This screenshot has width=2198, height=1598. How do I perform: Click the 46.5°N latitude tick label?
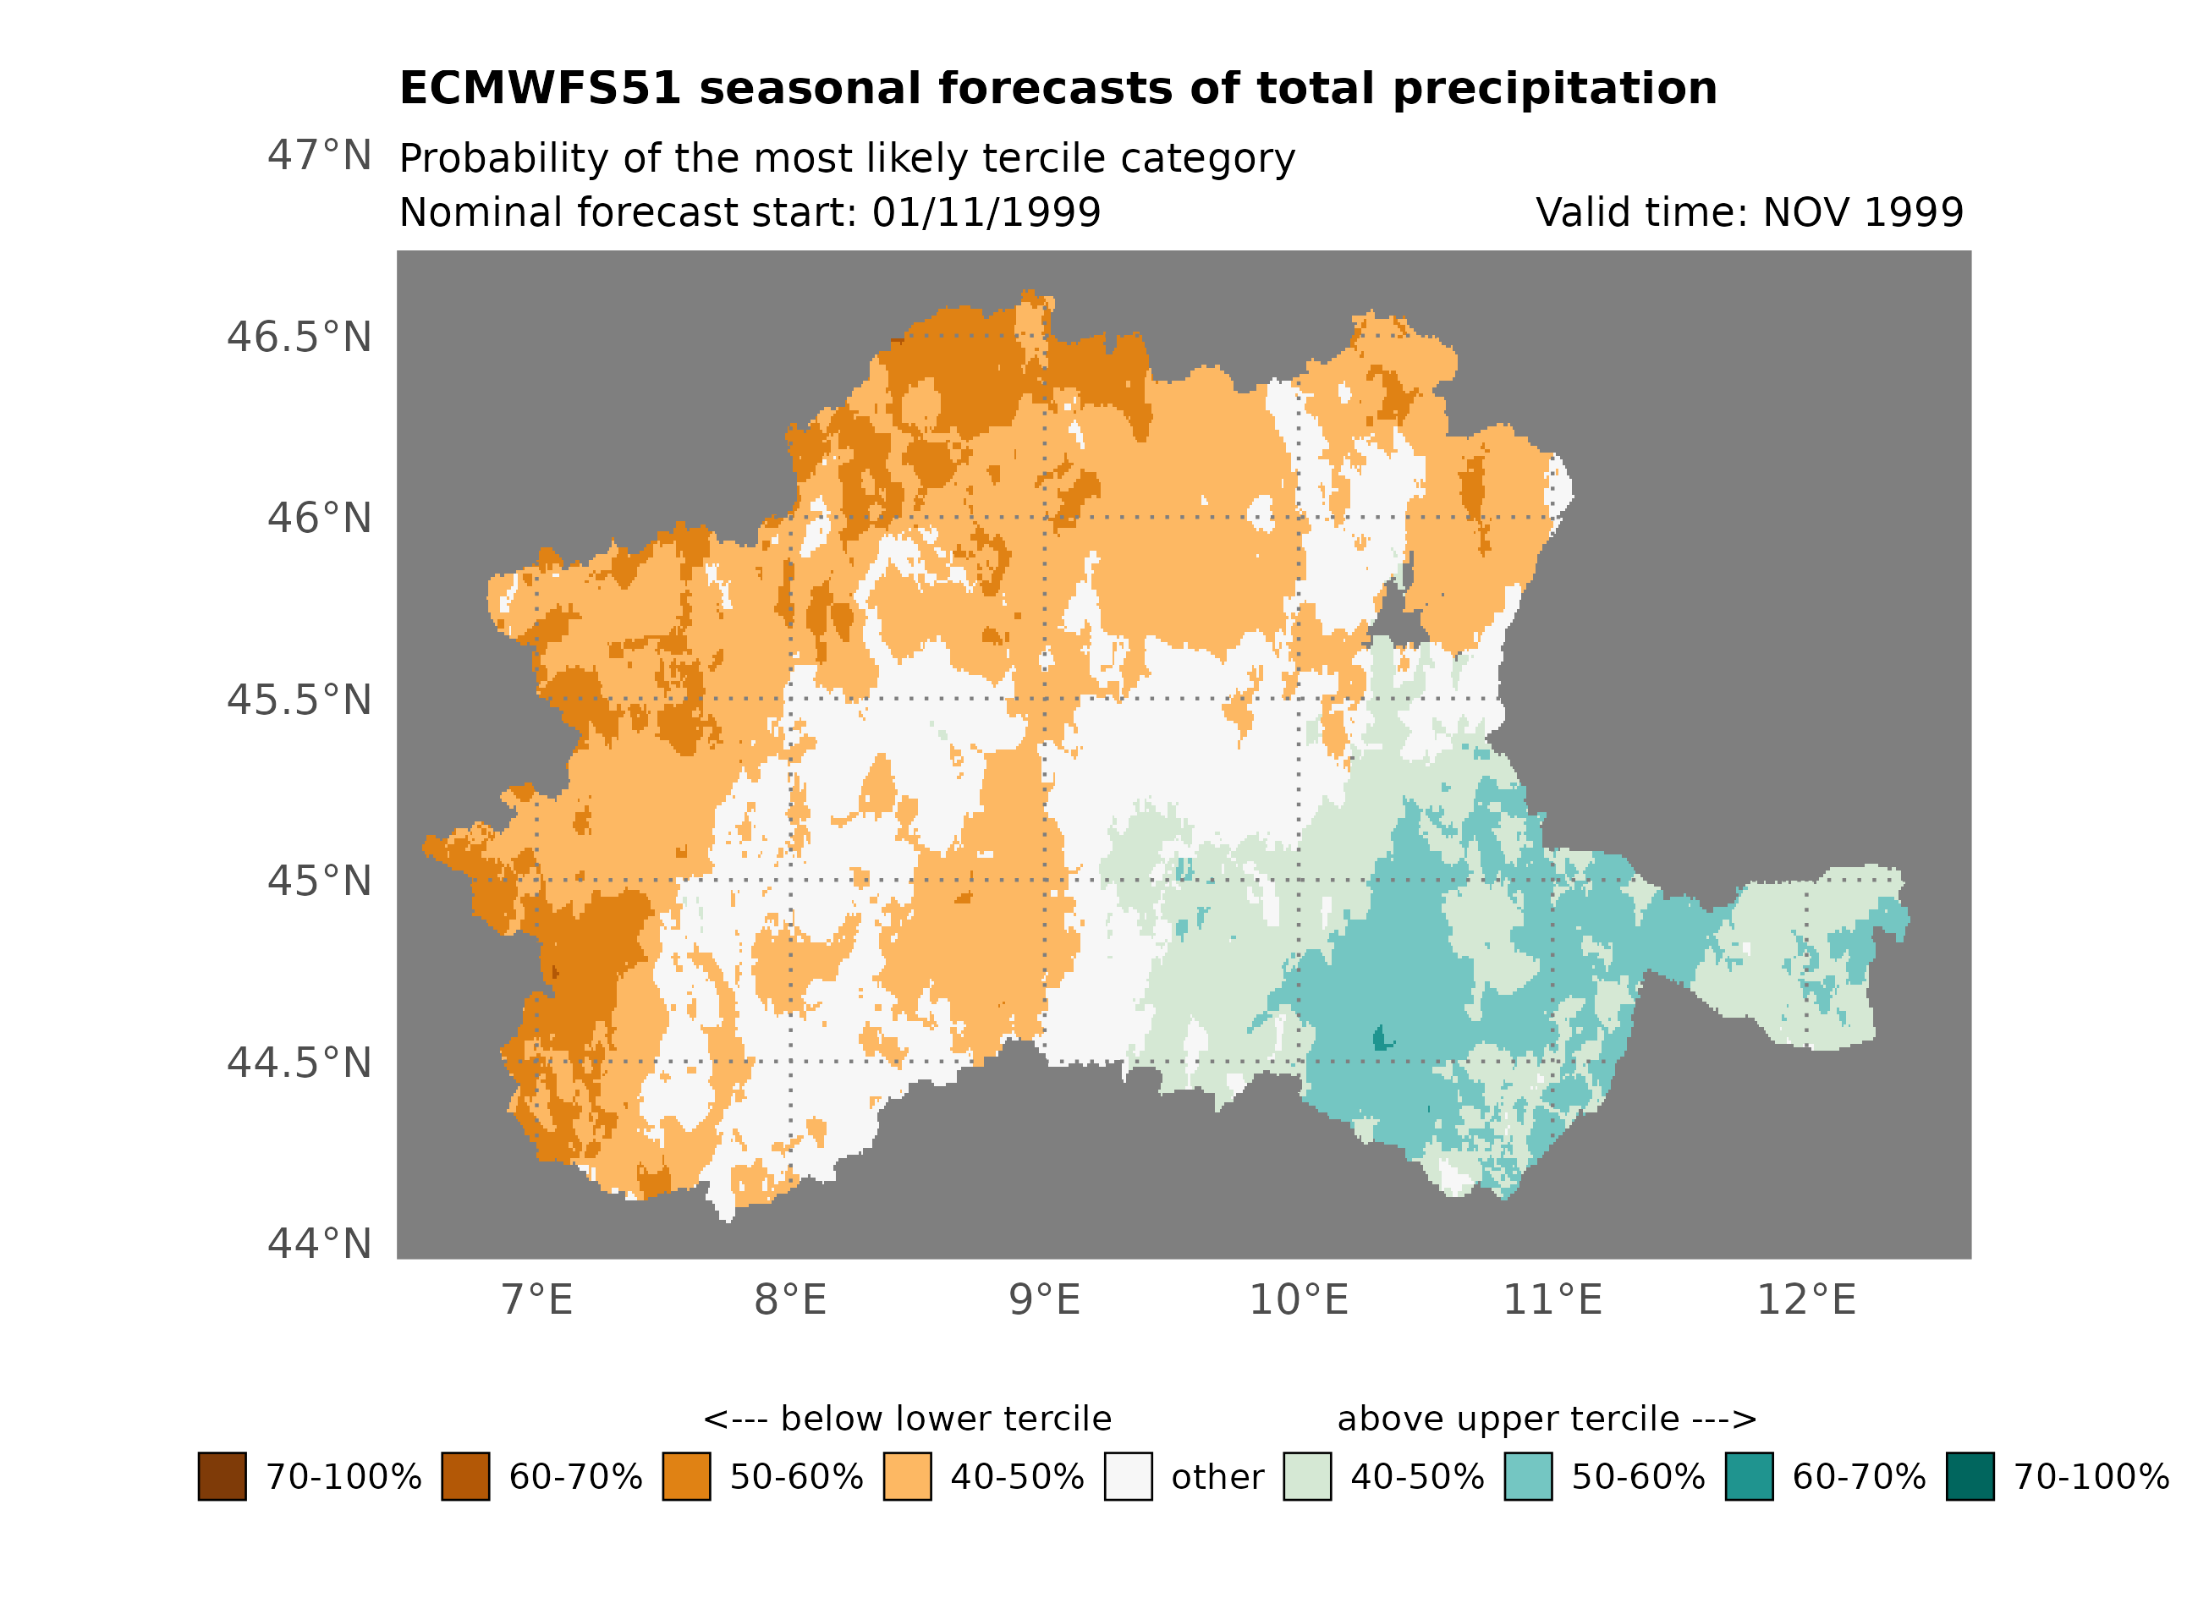tap(299, 338)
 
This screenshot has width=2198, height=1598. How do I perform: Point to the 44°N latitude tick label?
tap(319, 1244)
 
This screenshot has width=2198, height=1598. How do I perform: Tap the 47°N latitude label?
tap(319, 156)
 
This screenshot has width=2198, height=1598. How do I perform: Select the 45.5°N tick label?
tap(299, 700)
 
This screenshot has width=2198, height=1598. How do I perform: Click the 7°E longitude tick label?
tap(537, 1300)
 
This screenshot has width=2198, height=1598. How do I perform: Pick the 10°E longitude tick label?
tap(1299, 1300)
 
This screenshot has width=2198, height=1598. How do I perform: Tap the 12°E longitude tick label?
tap(1806, 1300)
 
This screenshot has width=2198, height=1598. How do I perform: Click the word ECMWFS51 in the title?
tap(540, 89)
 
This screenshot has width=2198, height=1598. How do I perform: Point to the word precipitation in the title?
tap(1554, 89)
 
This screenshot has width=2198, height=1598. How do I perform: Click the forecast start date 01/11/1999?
tap(986, 213)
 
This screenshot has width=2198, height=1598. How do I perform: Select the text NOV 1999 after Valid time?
tap(1863, 213)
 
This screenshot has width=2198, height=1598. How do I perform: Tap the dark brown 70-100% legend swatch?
tap(222, 1477)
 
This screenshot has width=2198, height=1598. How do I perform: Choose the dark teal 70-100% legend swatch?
tap(1970, 1477)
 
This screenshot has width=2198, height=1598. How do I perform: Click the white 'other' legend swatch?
tap(1128, 1477)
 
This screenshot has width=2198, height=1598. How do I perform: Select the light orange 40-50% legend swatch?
tap(907, 1477)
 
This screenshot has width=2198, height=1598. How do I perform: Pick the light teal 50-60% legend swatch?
tap(1528, 1477)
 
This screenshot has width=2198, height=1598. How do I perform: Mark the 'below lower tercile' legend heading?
tap(907, 1419)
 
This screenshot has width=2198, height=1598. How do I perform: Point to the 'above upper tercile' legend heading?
tap(1547, 1419)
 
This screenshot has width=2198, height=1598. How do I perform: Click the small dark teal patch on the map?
tap(1381, 1039)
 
